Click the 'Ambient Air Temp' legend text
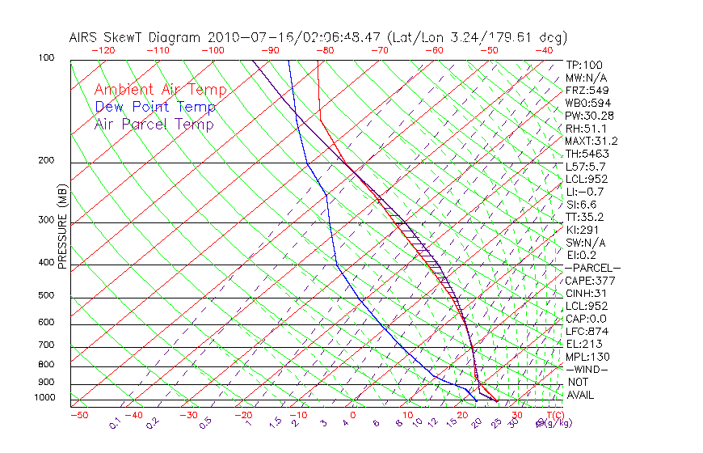(161, 90)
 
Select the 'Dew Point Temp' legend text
(155, 107)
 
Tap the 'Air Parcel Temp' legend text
(154, 124)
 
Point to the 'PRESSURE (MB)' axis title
(62, 230)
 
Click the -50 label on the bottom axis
(78, 415)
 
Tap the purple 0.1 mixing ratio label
(115, 422)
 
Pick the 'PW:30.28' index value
(589, 116)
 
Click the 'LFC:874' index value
(586, 332)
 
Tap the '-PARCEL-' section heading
(592, 268)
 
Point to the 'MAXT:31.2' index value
(592, 141)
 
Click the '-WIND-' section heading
(587, 369)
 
